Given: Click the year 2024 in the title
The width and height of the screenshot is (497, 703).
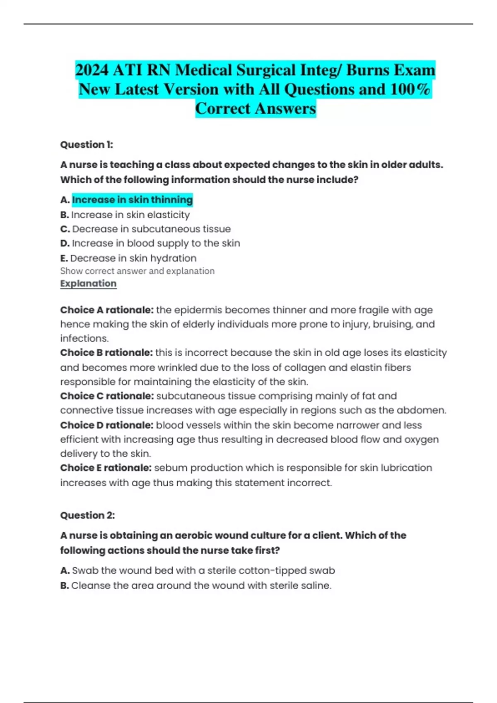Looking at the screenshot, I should point(92,70).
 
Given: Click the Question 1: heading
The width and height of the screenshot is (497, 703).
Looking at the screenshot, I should point(87,145).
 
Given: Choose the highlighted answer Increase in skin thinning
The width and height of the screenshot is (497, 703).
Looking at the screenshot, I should point(132,200).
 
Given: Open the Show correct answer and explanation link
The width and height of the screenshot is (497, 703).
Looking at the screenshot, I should point(137,271).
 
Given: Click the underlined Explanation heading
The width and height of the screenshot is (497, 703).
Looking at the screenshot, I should point(88,284).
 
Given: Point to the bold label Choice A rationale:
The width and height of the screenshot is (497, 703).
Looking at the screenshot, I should point(107,310).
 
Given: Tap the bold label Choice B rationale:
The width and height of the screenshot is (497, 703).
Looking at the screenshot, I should point(106,353).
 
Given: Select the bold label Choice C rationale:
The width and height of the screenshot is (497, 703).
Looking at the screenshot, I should point(107,396).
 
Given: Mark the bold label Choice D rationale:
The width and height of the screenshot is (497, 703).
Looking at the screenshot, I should point(107,425).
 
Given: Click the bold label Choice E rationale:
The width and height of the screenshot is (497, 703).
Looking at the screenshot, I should point(106,468).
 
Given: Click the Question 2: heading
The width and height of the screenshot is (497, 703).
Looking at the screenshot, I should point(87,515).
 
